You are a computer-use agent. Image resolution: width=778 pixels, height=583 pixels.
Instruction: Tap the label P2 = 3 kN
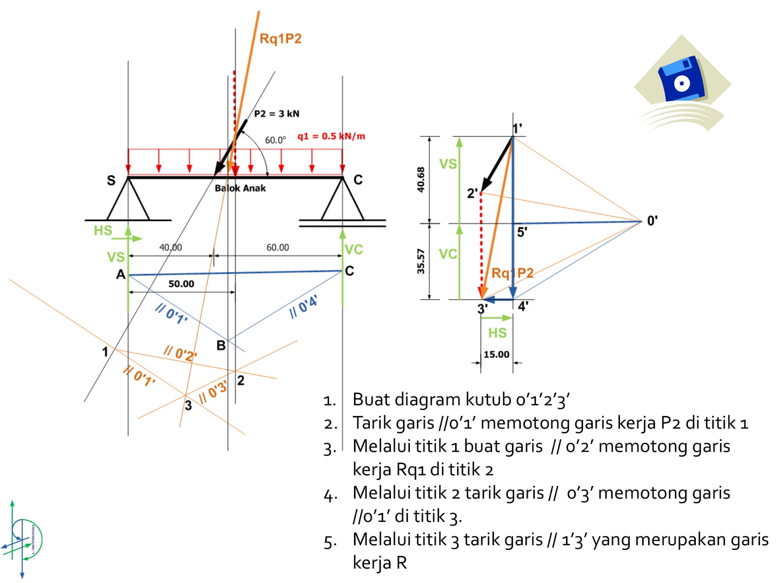pos(277,114)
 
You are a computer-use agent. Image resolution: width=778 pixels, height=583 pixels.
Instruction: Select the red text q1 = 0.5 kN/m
pos(331,136)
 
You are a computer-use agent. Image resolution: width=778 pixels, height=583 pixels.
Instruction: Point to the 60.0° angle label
pos(275,140)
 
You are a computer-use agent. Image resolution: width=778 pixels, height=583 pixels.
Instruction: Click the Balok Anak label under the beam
pos(240,189)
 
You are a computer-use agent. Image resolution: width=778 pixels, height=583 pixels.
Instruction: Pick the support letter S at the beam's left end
pos(111,180)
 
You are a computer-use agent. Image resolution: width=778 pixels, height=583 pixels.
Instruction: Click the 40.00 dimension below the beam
pos(171,247)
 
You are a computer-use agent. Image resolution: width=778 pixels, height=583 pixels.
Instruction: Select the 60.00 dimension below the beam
pos(278,247)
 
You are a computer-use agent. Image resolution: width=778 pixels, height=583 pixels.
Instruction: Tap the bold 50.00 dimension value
pos(181,284)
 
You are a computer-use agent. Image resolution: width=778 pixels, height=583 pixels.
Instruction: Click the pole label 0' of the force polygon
pos(652,221)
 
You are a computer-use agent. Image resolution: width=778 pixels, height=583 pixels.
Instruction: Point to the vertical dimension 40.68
pos(421,179)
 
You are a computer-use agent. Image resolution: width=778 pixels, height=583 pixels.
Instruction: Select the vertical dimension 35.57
pos(421,261)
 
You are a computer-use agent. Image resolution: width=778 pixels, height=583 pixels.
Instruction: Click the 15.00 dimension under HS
pos(496,355)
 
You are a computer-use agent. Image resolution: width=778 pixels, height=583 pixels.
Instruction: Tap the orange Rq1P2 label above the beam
pos(281,39)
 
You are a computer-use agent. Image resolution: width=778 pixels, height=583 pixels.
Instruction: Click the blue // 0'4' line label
pos(303,306)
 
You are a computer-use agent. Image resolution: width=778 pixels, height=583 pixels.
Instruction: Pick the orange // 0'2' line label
pos(180,353)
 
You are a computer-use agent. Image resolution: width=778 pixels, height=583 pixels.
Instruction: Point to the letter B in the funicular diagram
pos(221,346)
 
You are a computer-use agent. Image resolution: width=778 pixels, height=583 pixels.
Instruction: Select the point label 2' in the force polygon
pos(472,193)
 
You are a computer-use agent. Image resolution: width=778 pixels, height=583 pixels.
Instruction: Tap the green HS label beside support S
pos(103,230)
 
